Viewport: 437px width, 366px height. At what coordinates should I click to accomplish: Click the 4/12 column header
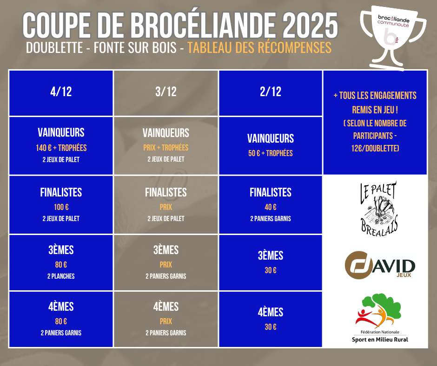[61, 91]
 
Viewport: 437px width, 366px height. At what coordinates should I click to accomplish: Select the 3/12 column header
[166, 91]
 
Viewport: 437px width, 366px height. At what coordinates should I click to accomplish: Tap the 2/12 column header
[271, 91]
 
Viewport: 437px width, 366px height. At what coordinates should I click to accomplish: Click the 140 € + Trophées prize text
[61, 148]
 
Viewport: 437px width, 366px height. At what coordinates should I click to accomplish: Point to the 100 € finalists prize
[61, 207]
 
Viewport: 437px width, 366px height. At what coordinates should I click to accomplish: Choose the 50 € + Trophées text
[271, 153]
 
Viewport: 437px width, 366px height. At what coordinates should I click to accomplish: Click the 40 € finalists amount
[271, 207]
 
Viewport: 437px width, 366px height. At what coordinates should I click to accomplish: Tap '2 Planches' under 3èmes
[61, 276]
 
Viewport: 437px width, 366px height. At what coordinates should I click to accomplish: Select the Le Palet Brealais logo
[379, 209]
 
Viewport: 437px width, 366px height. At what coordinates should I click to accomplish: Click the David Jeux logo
[380, 265]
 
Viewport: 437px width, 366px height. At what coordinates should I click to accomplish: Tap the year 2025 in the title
[310, 26]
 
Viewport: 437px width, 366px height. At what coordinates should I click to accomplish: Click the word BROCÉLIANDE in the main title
[204, 26]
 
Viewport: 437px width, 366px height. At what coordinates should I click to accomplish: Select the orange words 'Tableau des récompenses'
[259, 48]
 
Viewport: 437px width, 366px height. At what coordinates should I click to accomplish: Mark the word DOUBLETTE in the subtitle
[55, 48]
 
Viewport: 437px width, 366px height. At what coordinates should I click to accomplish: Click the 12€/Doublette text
[375, 148]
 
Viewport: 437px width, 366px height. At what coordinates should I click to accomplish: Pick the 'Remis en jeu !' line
[375, 110]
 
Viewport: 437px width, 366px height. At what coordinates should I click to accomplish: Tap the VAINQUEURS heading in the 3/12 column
[166, 133]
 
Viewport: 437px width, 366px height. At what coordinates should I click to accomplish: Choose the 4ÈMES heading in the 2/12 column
[271, 312]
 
